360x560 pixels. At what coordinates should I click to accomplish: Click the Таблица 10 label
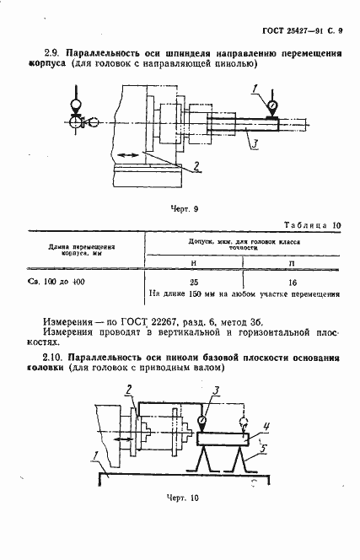tap(311, 225)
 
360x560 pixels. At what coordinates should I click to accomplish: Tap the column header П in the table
tap(292, 262)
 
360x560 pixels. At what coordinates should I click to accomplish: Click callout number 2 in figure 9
tap(196, 164)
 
